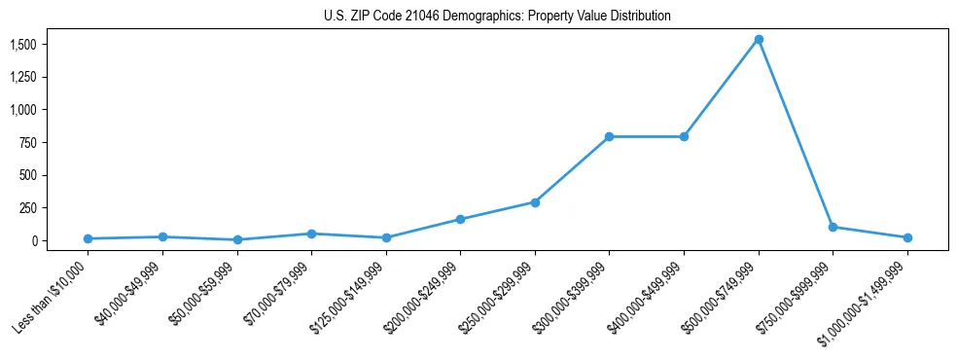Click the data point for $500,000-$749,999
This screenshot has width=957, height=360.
click(759, 39)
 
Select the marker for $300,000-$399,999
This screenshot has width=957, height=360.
click(609, 137)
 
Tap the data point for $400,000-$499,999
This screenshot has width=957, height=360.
click(684, 137)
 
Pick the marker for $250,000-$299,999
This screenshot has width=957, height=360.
click(535, 202)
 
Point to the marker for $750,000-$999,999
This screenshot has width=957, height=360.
click(833, 227)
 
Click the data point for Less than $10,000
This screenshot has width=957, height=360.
click(88, 238)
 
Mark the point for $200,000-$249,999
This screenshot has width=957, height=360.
click(460, 219)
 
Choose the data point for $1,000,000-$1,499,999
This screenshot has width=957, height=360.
click(907, 237)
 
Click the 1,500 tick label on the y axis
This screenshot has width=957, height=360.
click(23, 45)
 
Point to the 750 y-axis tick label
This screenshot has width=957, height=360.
click(28, 143)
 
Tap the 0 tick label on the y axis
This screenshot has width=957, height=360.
click(33, 240)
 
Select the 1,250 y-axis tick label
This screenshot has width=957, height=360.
click(23, 78)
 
